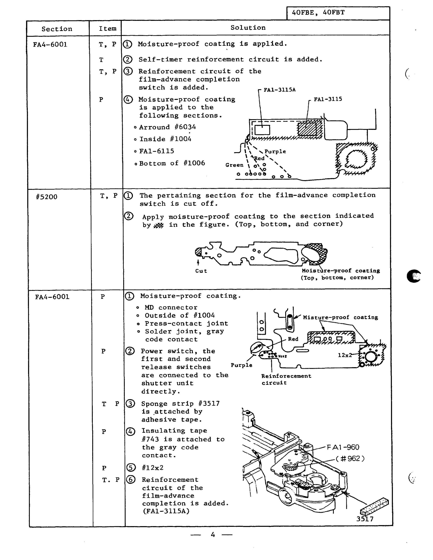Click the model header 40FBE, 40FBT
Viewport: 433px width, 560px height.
(318, 13)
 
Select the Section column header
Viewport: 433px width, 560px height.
(57, 29)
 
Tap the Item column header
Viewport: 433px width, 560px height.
(108, 28)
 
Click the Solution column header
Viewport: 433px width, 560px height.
(248, 28)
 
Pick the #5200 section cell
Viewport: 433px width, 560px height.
(47, 197)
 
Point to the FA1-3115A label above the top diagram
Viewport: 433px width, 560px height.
(280, 90)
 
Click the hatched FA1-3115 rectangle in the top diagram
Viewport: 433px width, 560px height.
(307, 129)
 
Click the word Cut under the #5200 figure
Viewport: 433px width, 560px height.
(201, 271)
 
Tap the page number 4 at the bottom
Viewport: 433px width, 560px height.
(213, 535)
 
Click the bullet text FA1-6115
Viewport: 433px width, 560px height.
(157, 151)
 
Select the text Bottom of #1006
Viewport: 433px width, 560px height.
(172, 163)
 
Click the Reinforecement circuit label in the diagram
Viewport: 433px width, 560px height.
(286, 379)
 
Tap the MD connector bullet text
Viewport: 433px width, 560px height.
(171, 307)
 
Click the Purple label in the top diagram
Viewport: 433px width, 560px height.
(275, 152)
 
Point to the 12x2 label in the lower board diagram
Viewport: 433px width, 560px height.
(345, 355)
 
